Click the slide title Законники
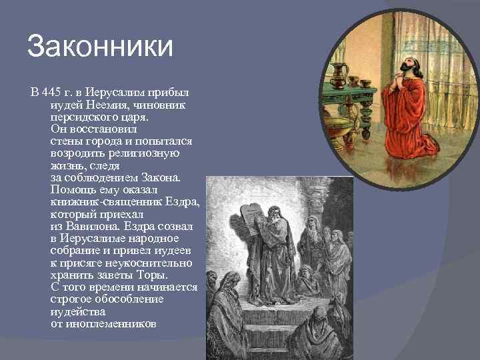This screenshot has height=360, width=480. click(100, 47)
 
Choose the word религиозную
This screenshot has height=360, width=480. click(149, 153)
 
